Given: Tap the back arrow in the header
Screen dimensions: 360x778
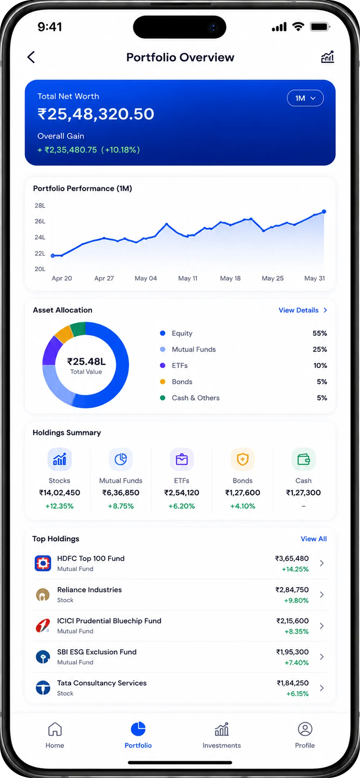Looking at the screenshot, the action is click(31, 57).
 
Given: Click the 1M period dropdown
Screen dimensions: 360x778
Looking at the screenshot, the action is click(305, 98).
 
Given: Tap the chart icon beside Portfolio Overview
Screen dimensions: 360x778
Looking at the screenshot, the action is click(328, 57).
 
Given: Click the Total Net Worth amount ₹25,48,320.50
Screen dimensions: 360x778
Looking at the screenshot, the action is click(96, 114).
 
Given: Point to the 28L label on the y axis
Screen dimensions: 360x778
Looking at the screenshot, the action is click(40, 206).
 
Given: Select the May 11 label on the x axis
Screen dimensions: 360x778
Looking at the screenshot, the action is click(188, 278).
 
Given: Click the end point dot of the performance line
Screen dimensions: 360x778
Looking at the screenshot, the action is click(324, 211).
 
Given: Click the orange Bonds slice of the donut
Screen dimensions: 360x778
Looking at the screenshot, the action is click(64, 334).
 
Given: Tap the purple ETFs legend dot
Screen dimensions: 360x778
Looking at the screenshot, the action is click(163, 366).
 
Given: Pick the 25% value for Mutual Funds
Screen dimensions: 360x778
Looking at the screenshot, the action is click(320, 349).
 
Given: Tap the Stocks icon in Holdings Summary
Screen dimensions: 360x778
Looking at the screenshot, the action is click(60, 459).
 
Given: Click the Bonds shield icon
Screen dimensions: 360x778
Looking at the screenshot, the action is click(243, 459).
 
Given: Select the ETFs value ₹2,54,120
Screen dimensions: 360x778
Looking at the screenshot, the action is click(182, 493).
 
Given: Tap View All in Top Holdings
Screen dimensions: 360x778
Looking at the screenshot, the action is click(314, 539).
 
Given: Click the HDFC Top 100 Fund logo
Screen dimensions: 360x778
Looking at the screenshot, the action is click(43, 563).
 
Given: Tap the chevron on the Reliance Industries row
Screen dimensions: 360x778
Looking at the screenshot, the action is click(322, 594).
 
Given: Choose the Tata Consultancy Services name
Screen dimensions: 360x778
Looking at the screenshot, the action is click(102, 683).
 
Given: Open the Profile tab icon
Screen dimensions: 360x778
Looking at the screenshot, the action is click(305, 729).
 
